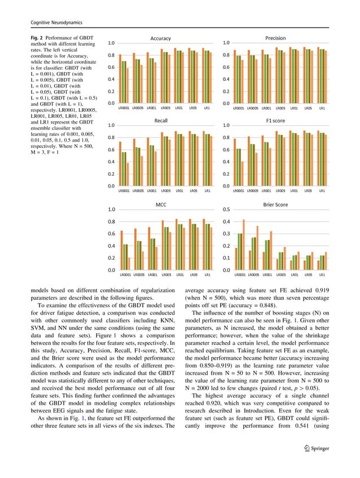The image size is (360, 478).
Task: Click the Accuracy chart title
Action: pos(160,38)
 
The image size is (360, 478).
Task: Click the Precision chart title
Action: pos(275,38)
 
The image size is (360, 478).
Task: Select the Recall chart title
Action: pos(161,121)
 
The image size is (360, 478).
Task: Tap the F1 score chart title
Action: pos(275,121)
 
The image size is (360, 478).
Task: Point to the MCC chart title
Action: pos(161,205)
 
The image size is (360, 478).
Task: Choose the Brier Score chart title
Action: pos(275,205)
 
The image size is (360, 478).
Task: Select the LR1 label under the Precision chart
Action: pos(322,108)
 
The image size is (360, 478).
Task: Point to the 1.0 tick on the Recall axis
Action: pos(112,126)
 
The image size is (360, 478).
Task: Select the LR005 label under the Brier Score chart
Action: pos(280,275)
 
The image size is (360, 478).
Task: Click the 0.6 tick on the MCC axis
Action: pos(112,234)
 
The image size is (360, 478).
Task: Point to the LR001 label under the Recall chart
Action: pos(151,191)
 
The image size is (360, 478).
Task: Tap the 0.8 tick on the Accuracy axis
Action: pos(112,55)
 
